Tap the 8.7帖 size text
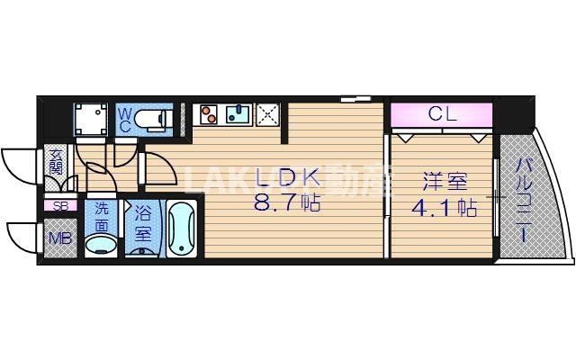286,203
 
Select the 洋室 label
440,180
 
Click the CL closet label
441,114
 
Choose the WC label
125,120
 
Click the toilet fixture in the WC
157,118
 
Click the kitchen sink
238,114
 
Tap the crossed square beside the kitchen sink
267,114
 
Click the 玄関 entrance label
56,162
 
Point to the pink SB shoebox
60,206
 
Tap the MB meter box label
60,238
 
